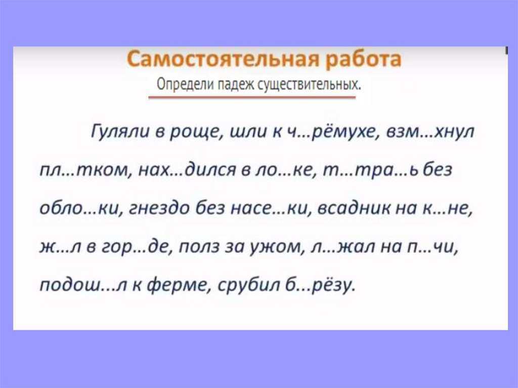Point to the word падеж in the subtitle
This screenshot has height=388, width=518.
(236, 85)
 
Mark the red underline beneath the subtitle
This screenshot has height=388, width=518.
(252, 98)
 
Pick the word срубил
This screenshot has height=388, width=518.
(247, 285)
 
